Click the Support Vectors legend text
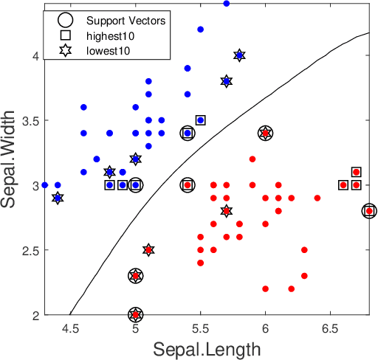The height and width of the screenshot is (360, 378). (126, 20)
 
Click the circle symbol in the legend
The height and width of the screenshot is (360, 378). (65, 20)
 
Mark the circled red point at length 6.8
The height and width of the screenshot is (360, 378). (369, 211)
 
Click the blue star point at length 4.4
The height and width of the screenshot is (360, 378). (58, 198)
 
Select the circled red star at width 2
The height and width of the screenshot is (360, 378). (135, 315)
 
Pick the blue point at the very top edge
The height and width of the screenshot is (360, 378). (226, 4)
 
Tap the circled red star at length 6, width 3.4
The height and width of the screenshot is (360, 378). (265, 134)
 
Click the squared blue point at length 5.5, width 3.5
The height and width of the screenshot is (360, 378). (200, 120)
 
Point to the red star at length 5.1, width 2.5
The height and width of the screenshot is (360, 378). (148, 250)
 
